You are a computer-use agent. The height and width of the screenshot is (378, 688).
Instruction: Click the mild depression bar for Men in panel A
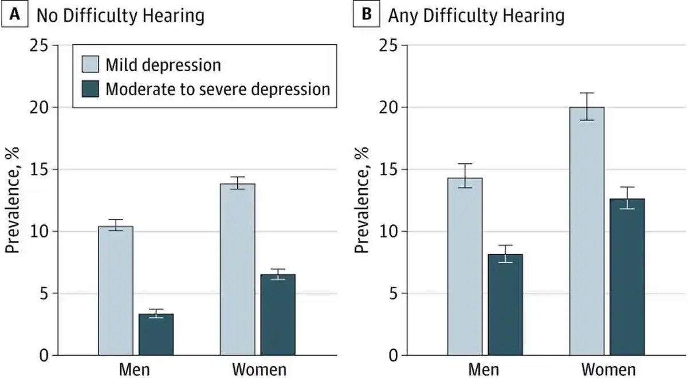point(115,291)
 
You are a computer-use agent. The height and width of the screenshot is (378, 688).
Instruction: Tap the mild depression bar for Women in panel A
point(237,270)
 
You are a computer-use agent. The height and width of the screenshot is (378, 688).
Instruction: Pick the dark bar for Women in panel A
point(278,315)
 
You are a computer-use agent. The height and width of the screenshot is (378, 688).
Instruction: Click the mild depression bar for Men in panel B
point(465,267)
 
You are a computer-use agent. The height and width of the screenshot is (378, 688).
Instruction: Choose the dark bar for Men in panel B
point(505,305)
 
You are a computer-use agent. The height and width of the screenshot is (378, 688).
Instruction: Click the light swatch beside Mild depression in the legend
point(89,64)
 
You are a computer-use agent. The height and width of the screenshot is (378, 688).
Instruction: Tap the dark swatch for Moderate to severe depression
point(89,89)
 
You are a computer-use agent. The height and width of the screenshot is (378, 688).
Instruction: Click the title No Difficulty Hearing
point(120,15)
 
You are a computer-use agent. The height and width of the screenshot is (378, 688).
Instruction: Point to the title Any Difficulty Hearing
point(476,15)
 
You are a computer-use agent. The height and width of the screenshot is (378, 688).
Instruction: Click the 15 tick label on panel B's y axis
point(389,170)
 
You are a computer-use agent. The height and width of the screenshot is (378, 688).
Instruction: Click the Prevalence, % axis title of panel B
point(361,201)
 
